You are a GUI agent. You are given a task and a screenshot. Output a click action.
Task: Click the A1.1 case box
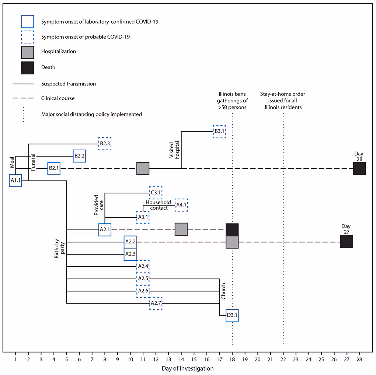pos(15,181)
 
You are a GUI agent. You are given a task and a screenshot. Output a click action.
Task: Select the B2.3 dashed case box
pos(105,144)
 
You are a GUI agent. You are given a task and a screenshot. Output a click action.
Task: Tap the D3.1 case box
pos(232,316)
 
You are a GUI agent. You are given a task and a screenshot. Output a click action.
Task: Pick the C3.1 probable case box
pos(156,193)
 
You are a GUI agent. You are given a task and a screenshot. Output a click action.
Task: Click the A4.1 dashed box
pos(181,205)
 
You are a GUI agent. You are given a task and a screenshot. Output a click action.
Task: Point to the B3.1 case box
pos(219,132)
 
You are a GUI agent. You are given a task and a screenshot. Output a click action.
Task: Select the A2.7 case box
pos(156,304)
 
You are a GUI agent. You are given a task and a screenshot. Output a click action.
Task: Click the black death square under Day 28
pos(359,169)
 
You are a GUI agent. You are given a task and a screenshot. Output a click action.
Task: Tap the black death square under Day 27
pos(347,242)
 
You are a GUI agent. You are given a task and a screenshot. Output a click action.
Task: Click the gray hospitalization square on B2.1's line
pos(143,169)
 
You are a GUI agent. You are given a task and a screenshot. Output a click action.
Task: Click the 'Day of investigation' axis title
pos(187,368)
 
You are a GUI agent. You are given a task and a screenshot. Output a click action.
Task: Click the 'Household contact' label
pos(158,205)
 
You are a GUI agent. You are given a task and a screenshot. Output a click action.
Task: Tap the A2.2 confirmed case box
pos(130,242)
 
